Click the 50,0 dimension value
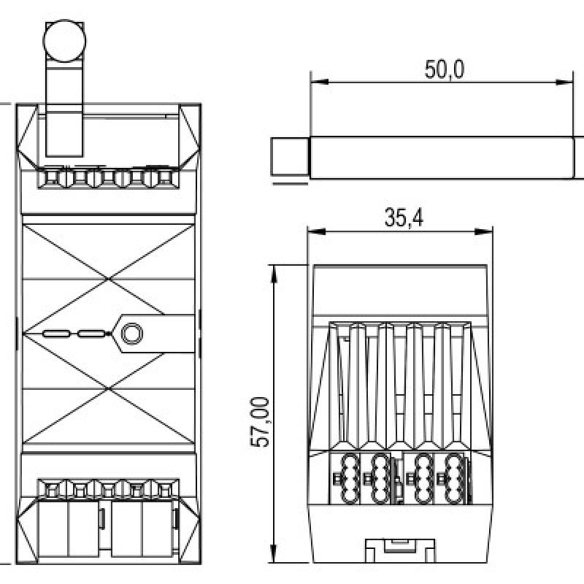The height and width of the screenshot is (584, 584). click(x=445, y=69)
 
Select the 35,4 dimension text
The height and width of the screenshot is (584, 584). click(x=404, y=218)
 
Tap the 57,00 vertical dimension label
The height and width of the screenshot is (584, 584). click(x=260, y=422)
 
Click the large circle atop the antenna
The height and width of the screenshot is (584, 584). click(x=64, y=41)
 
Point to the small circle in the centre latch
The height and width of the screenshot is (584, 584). click(x=132, y=334)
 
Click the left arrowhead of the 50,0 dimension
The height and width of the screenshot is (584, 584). click(x=319, y=82)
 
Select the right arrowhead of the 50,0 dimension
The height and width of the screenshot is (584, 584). click(x=564, y=82)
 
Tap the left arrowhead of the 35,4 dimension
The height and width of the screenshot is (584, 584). click(x=317, y=232)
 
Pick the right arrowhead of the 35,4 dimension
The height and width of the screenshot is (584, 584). click(x=483, y=232)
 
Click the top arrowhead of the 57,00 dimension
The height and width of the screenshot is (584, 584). click(x=274, y=274)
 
